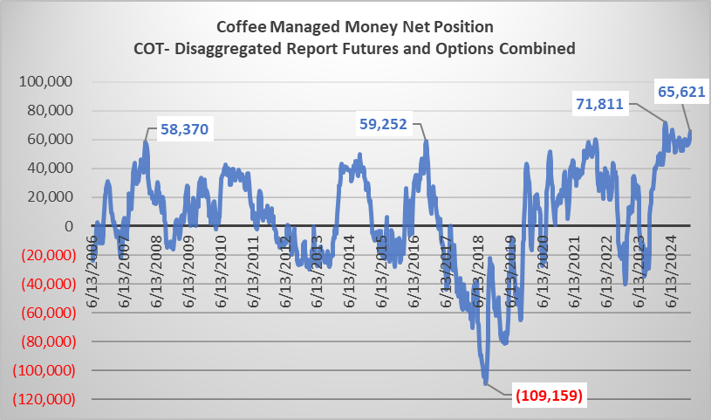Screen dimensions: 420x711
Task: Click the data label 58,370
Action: pos(187,130)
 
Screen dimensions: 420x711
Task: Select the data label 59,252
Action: pos(387,124)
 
